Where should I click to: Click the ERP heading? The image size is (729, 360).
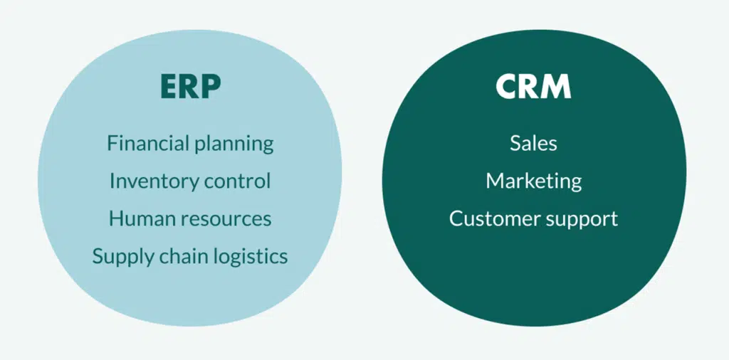[x=191, y=86]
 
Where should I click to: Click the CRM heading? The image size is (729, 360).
[x=533, y=86]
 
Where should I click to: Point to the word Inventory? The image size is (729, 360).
[x=147, y=181]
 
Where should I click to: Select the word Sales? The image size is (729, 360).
[x=533, y=143]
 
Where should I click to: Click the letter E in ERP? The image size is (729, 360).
[x=169, y=86]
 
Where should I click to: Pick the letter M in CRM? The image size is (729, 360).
[x=557, y=86]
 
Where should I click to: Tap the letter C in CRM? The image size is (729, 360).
[x=507, y=86]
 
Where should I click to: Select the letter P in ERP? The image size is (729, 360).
[x=212, y=86]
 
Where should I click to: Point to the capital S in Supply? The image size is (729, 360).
[x=98, y=256]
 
